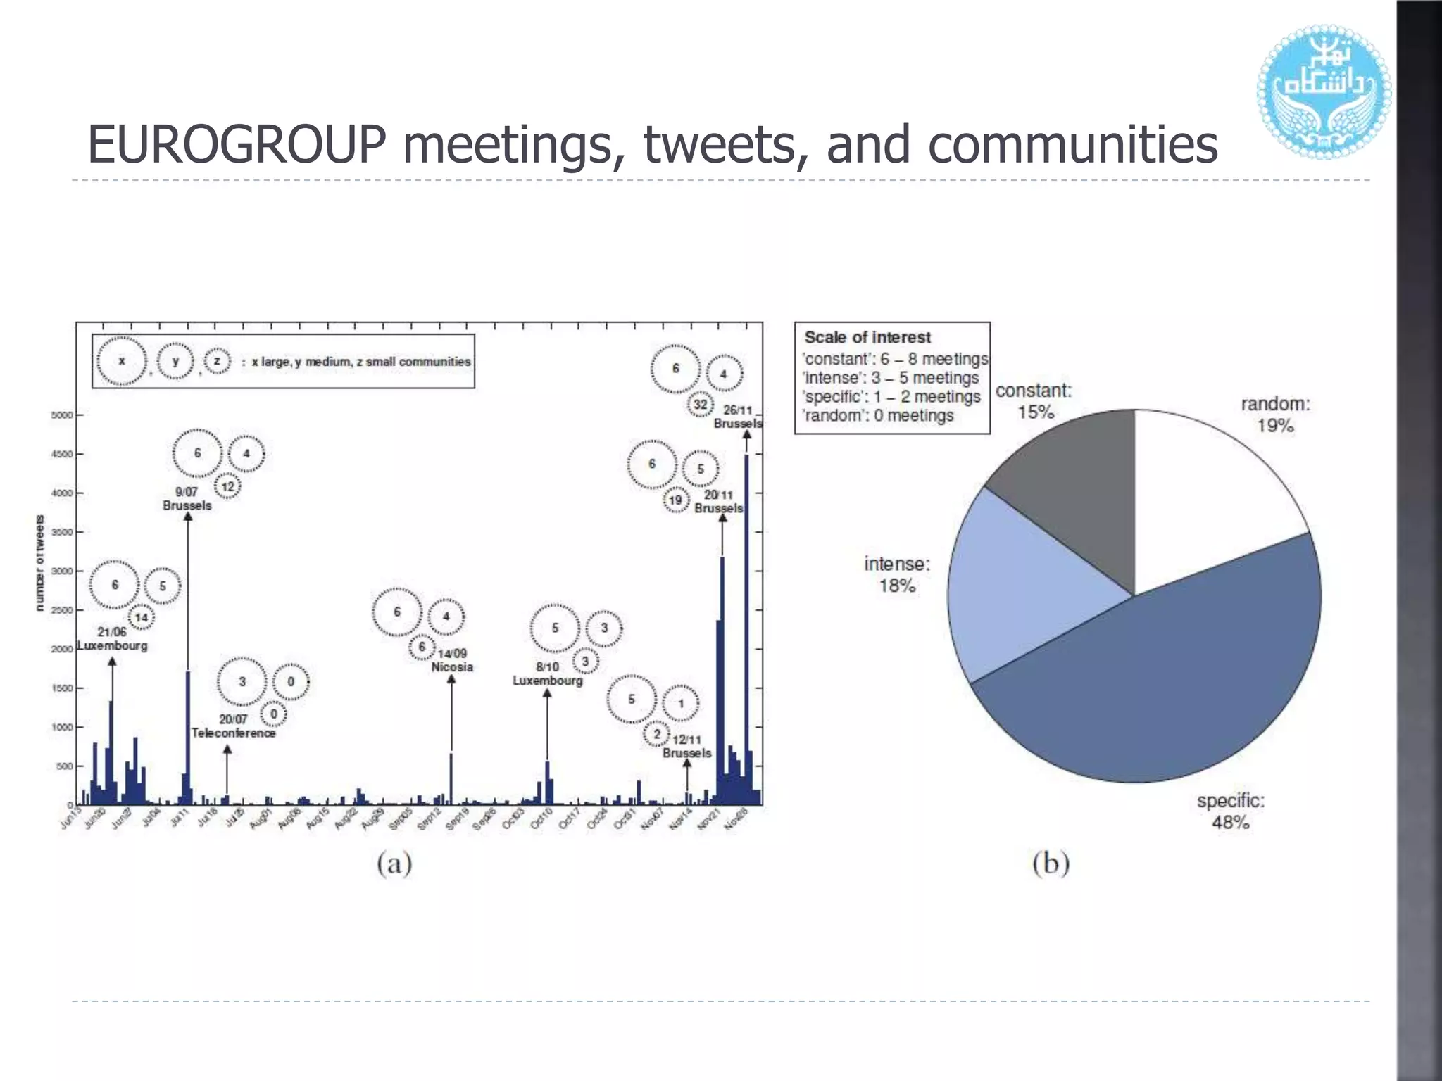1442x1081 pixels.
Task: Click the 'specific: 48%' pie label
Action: [1231, 811]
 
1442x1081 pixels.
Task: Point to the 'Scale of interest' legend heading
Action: [867, 338]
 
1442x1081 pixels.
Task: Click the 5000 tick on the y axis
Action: [62, 415]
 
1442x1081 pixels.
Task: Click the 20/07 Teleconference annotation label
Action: [234, 726]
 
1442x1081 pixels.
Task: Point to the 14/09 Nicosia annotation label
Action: [452, 660]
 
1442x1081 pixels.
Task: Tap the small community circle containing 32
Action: [700, 405]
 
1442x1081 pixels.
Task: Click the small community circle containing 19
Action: [675, 500]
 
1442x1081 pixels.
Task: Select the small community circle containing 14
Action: [142, 618]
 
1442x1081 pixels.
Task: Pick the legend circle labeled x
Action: [122, 361]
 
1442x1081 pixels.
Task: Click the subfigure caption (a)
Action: [394, 863]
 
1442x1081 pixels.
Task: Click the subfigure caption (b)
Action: [1051, 863]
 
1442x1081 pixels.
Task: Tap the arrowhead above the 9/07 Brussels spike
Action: [188, 517]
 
